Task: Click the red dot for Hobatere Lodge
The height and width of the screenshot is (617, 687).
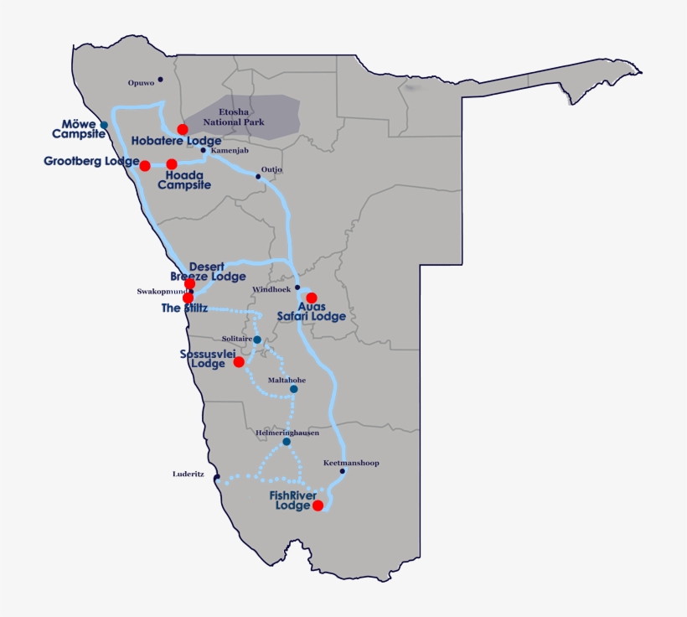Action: coord(183,129)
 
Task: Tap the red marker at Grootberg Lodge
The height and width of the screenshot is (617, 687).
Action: coord(144,166)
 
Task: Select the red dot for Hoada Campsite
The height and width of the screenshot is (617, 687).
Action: coord(172,164)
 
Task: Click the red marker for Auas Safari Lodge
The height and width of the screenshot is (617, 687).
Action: coord(311,298)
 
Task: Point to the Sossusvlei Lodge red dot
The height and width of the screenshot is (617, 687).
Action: coord(239,362)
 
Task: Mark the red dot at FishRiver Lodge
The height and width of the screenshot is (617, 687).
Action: coord(318,505)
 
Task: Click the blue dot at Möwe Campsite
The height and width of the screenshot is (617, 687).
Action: coord(104,126)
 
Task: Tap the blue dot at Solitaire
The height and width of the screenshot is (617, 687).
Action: coord(257,340)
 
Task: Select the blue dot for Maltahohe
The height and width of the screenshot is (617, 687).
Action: coord(293,389)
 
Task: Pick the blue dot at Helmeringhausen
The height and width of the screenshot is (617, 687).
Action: coord(287,442)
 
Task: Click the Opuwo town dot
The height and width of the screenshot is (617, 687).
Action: coord(160,80)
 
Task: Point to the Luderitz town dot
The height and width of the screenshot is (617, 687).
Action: coord(216,478)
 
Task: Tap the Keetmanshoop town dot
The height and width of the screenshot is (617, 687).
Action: coord(342,471)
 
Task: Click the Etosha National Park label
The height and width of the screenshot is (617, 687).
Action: coord(241,117)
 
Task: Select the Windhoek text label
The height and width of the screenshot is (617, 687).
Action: coord(271,290)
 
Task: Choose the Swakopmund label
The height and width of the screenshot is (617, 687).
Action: coord(160,292)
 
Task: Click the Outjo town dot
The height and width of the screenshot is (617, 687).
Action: coord(258,176)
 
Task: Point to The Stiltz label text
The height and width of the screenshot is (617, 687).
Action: coord(184,308)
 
